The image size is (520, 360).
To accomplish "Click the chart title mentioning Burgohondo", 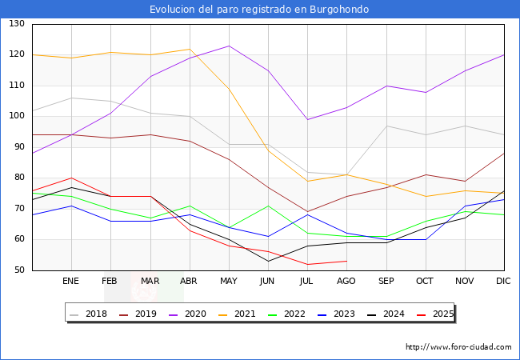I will (260, 10).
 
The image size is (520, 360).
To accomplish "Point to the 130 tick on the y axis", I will (16, 24).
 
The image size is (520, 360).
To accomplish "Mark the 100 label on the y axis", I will (16, 116).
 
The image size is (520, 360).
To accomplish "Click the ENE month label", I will (71, 282).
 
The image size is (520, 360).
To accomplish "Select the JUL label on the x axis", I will (307, 282).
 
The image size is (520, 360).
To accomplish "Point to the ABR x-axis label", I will (189, 282).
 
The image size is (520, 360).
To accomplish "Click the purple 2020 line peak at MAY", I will (229, 46).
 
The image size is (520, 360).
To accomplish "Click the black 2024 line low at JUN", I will (268, 261).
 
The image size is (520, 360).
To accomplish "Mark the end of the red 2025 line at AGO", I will (346, 261).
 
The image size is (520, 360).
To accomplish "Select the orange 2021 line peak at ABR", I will (190, 49).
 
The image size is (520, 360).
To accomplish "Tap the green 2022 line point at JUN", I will (268, 206).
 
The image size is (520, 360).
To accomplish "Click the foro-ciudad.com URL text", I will (458, 347).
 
